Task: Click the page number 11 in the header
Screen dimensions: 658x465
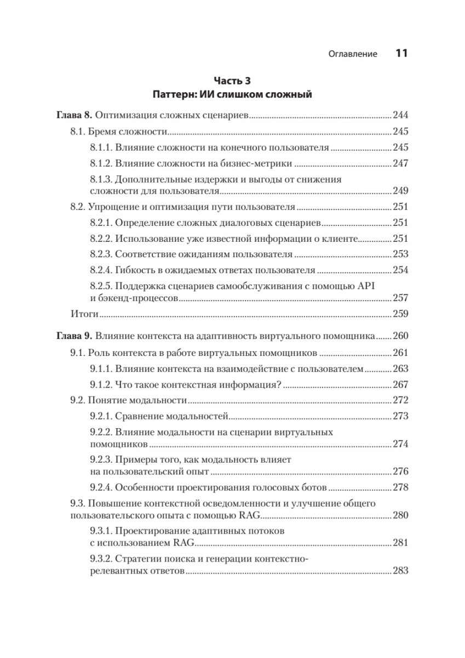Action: tap(401, 53)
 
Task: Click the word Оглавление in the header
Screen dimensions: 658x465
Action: tap(353, 54)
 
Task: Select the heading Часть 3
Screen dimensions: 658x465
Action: tap(232, 81)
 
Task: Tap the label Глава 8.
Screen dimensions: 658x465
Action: tap(74, 116)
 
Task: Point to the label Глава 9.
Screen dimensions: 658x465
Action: tap(74, 336)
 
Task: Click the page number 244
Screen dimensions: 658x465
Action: tap(401, 116)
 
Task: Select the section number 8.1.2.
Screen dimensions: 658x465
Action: tap(100, 163)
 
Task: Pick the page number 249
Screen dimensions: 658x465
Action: tap(401, 191)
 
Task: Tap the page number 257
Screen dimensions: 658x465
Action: tap(401, 298)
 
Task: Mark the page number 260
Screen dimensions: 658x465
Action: tap(401, 336)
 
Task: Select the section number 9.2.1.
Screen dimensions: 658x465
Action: tap(100, 416)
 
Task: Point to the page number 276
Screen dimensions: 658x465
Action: tap(401, 471)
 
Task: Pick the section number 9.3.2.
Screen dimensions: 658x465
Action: tap(100, 559)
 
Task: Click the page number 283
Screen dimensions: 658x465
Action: tap(401, 571)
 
